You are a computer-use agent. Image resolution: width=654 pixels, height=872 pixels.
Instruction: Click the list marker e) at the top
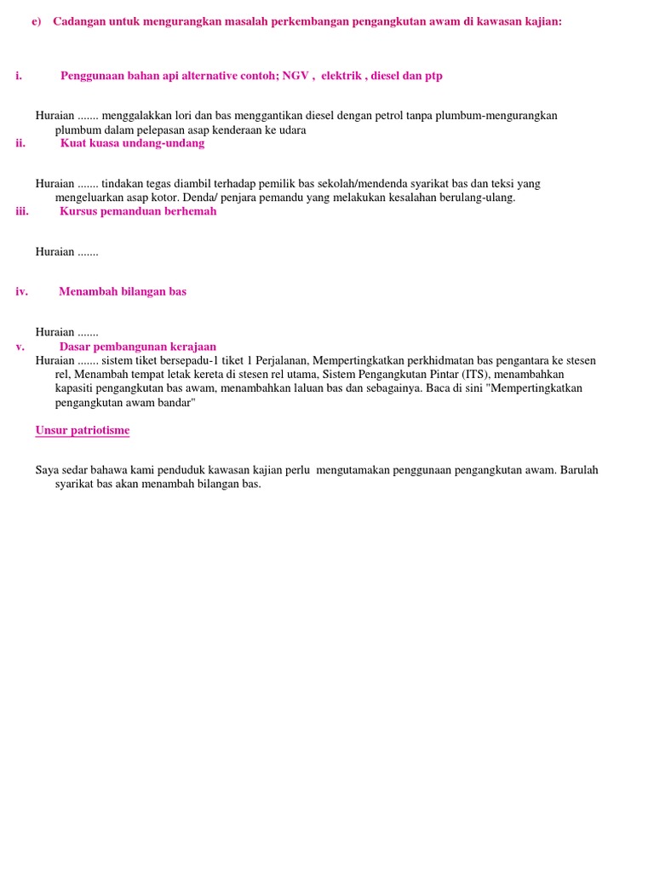click(x=36, y=21)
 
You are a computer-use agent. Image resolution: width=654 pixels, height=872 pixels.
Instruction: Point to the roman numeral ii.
click(x=20, y=143)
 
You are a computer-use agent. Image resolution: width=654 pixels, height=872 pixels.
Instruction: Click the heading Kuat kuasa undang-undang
click(x=132, y=143)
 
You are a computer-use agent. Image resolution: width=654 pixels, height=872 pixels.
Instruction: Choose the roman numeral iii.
click(x=22, y=211)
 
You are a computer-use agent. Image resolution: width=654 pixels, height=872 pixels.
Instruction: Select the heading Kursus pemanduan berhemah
click(x=138, y=211)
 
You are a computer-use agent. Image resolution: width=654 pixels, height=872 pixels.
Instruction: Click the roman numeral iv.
click(x=21, y=291)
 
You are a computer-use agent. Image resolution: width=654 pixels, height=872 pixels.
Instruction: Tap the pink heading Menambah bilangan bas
click(x=123, y=291)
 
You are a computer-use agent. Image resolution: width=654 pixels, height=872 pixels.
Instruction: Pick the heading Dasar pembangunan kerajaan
click(x=138, y=347)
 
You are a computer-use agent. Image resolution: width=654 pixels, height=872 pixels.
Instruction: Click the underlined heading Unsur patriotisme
click(x=83, y=430)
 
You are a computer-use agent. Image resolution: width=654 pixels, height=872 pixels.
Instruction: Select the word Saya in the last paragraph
click(x=47, y=470)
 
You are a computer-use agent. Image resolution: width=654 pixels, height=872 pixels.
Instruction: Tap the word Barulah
click(x=579, y=470)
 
